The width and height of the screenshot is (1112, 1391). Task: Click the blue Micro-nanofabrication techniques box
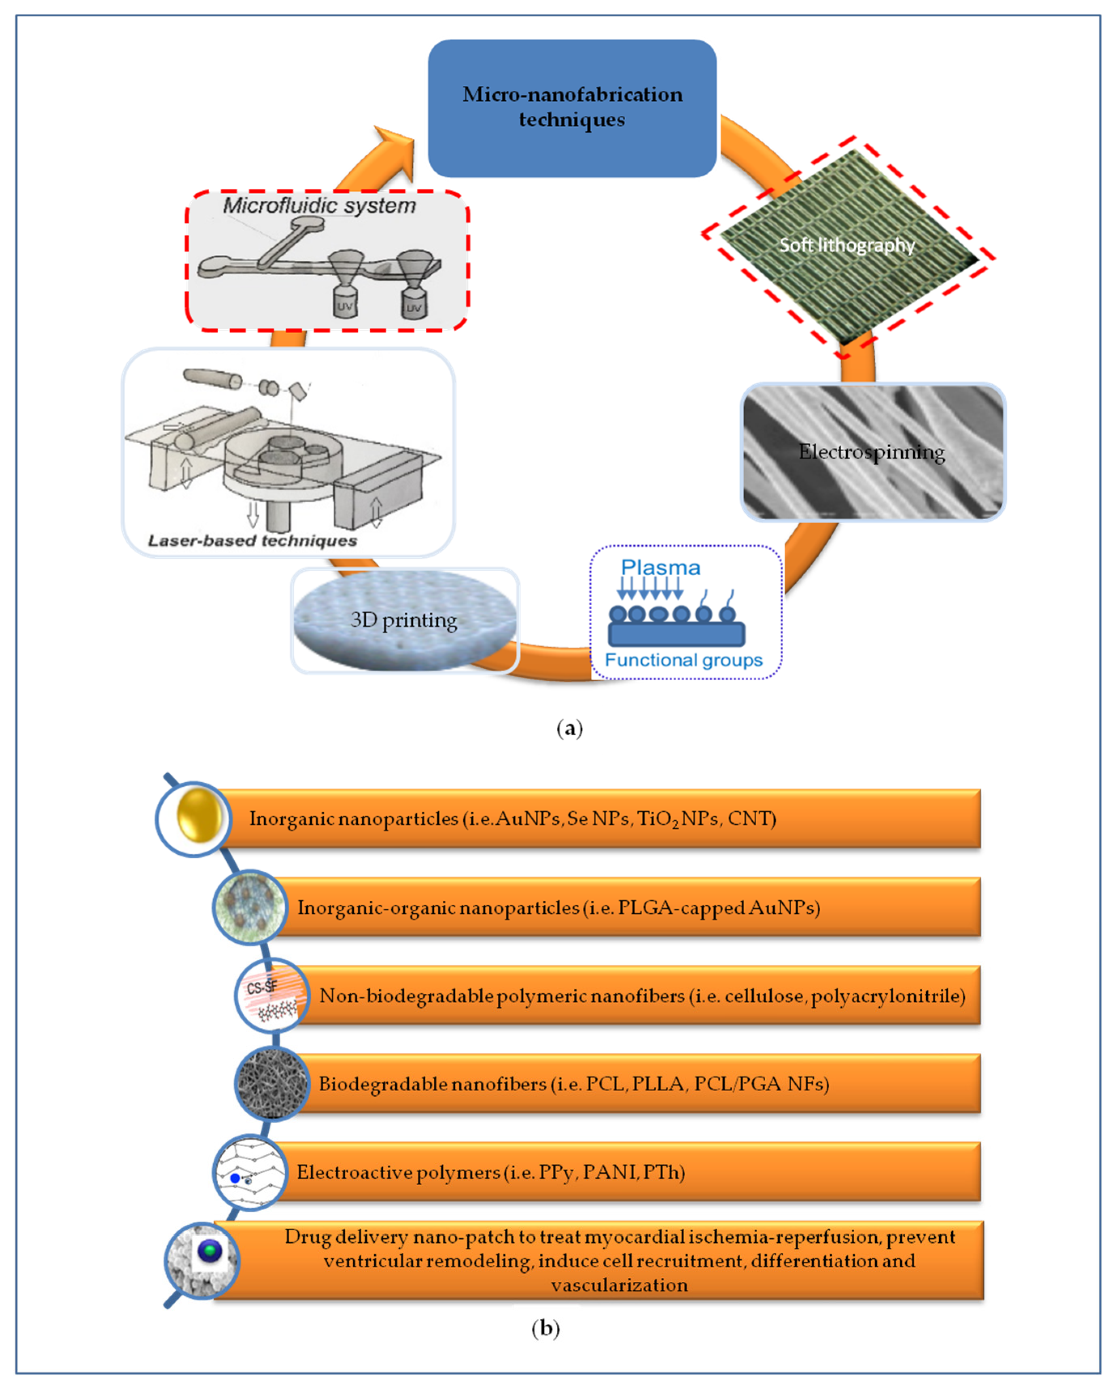[572, 108]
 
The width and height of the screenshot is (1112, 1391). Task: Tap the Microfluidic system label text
[319, 206]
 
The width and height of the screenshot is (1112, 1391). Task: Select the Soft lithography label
[846, 245]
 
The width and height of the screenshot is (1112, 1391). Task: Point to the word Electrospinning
[871, 452]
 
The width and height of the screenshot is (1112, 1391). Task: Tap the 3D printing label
[403, 620]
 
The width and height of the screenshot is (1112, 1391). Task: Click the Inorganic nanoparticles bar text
[512, 818]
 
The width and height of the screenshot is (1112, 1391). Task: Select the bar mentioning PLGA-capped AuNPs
[558, 907]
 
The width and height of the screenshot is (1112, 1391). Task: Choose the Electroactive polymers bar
[490, 1172]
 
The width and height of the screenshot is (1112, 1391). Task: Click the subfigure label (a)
[569, 728]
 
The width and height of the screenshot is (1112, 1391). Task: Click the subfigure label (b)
[545, 1328]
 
